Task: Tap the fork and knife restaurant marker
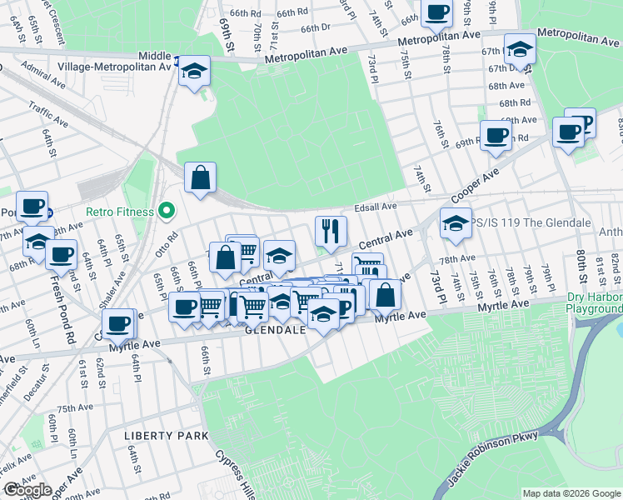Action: [331, 232]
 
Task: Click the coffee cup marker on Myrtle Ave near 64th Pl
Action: [118, 325]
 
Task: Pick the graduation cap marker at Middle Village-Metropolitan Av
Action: [194, 71]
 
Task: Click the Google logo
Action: [27, 490]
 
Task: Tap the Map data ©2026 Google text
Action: [571, 493]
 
